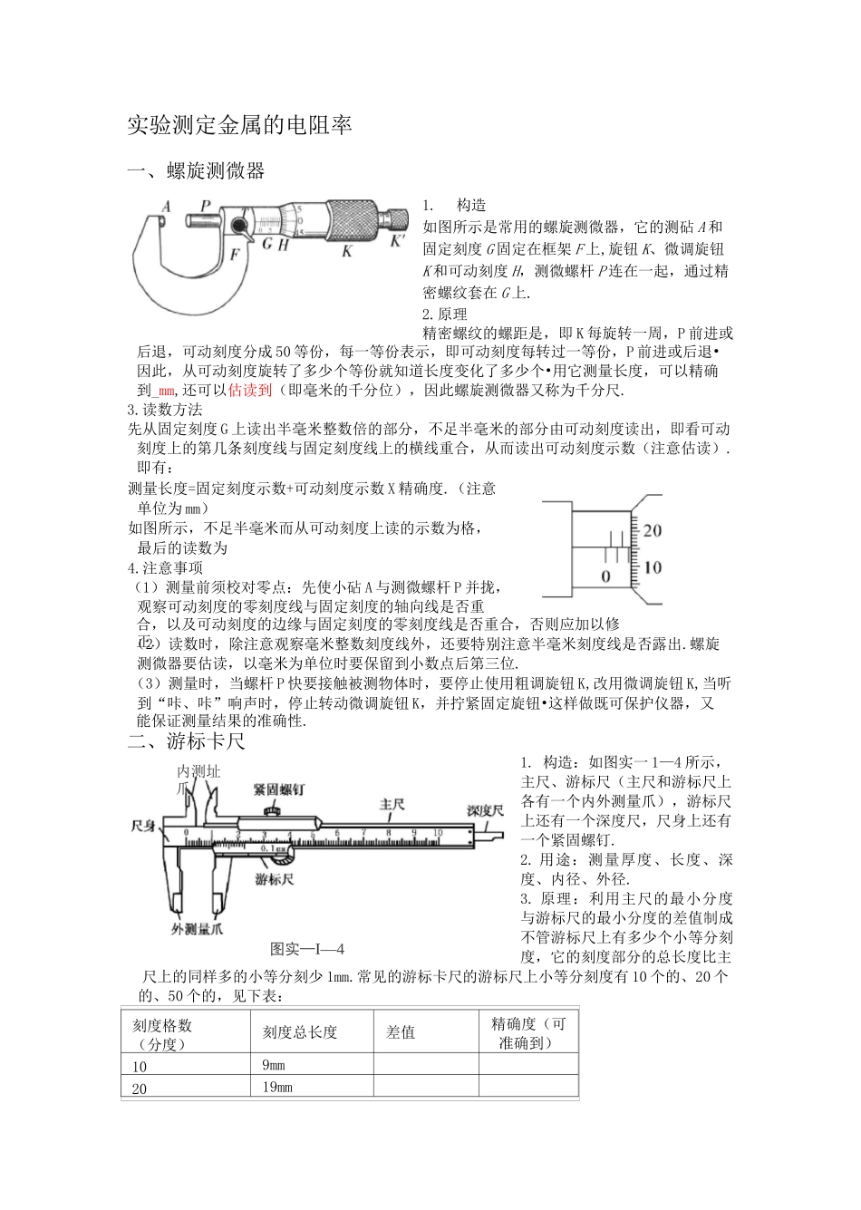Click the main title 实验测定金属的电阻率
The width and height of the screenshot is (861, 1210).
[x=239, y=125]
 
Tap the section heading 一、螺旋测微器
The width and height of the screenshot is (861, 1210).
[x=197, y=170]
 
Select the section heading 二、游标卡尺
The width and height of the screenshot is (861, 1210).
[x=187, y=741]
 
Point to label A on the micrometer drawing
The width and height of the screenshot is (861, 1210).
[x=167, y=207]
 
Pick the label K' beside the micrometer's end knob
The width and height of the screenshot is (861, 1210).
[x=398, y=242]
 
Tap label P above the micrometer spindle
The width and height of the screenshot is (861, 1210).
[x=206, y=206]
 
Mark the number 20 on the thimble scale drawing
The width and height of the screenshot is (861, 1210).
[x=652, y=530]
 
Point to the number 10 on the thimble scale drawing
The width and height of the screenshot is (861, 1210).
[x=652, y=567]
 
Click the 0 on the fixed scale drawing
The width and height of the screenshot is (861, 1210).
[x=605, y=576]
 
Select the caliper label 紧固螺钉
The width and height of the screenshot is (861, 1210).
[x=279, y=789]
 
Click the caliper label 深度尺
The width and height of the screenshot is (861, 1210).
[x=485, y=808]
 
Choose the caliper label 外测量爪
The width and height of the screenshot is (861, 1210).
[x=198, y=929]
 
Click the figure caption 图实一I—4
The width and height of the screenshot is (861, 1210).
[x=308, y=949]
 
